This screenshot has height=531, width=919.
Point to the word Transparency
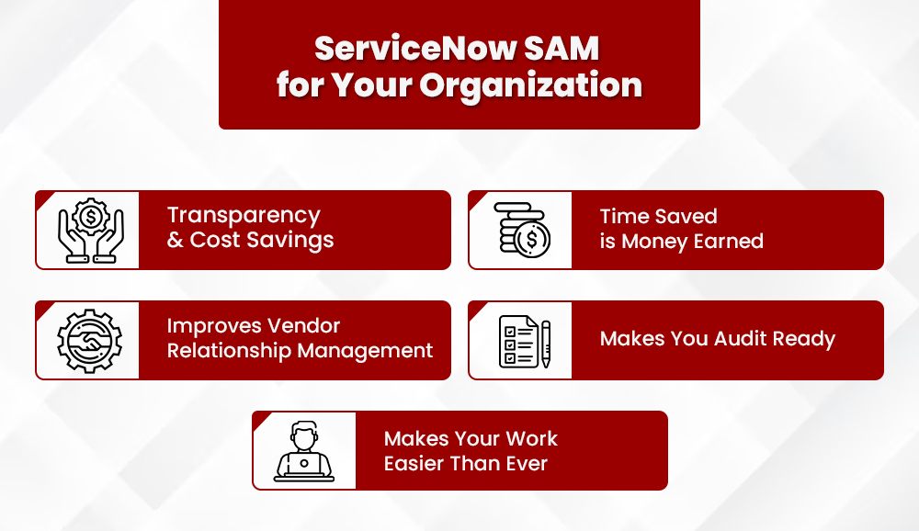(x=244, y=216)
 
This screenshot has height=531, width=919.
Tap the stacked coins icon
(x=520, y=230)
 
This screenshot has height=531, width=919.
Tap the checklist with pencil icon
(x=522, y=341)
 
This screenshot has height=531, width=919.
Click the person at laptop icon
(x=304, y=450)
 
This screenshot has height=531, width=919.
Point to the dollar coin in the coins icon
(x=531, y=241)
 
